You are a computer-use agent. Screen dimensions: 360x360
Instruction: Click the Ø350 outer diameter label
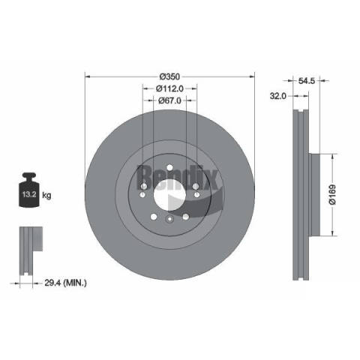(x=169, y=76)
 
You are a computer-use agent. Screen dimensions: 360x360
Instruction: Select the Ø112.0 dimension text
(x=169, y=88)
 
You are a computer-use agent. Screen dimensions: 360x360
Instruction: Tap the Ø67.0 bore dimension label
(x=169, y=100)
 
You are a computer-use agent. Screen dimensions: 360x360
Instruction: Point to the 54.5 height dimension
(x=307, y=81)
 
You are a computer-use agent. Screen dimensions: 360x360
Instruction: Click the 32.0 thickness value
(x=277, y=96)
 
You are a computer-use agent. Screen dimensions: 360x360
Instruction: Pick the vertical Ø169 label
(x=332, y=195)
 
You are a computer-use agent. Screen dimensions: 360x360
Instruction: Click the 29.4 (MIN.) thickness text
(x=65, y=283)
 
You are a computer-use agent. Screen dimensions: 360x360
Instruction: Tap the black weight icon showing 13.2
(x=29, y=190)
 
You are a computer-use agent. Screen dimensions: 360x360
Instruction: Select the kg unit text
(x=46, y=195)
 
